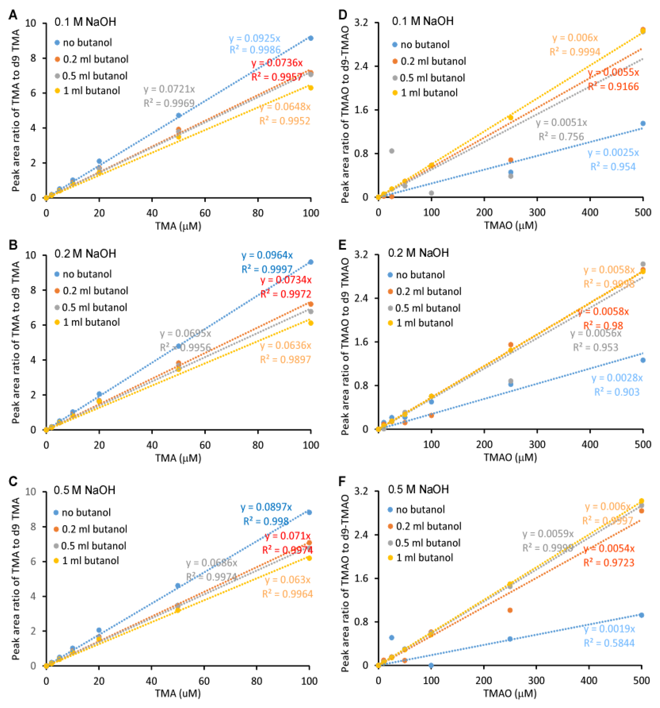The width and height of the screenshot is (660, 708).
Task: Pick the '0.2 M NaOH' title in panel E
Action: [x=418, y=253]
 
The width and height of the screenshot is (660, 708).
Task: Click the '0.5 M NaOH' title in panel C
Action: [x=84, y=490]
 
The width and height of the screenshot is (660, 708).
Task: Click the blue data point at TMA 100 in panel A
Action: [x=311, y=38]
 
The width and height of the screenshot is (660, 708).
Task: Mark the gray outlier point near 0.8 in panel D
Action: [x=391, y=151]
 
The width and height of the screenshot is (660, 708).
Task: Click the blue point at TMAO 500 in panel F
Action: [x=641, y=615]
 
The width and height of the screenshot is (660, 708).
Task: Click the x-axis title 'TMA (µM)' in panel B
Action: [x=178, y=458]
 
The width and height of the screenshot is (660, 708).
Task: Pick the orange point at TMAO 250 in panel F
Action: [x=510, y=610]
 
